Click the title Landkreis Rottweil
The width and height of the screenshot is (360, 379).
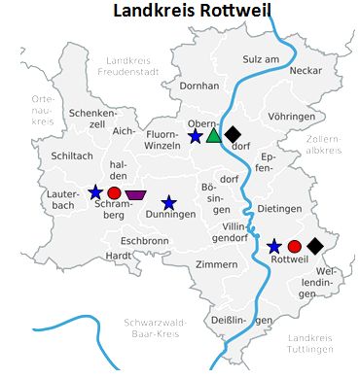click(x=191, y=12)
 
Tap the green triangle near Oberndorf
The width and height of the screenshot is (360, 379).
click(x=214, y=134)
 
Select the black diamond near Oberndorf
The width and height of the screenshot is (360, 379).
click(x=233, y=134)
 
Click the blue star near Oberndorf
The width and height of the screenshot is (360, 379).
click(x=196, y=136)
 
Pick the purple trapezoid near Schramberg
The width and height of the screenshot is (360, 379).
click(x=136, y=194)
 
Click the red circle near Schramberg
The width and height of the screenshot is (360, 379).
click(x=115, y=193)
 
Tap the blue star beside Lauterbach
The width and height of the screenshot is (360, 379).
click(x=95, y=192)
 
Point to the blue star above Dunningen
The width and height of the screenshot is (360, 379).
click(x=169, y=202)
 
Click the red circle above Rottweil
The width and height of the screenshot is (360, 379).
click(x=295, y=246)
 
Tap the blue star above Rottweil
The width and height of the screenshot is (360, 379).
click(x=274, y=246)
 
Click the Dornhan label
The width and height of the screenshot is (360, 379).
click(x=199, y=86)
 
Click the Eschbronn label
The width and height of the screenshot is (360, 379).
click(x=145, y=240)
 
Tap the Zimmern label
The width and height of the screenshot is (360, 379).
click(x=216, y=264)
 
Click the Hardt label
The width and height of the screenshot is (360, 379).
click(x=119, y=255)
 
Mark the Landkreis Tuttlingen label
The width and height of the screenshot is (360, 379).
click(x=312, y=342)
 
